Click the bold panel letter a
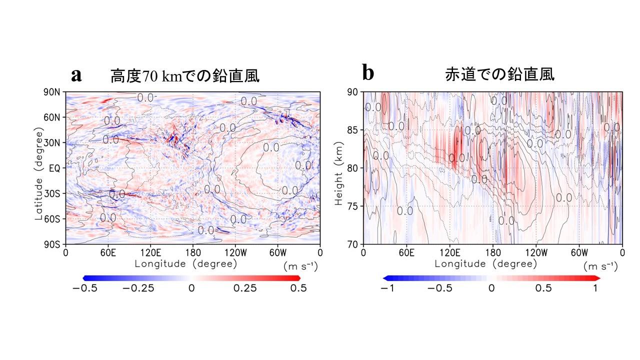76,75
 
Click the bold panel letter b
367,73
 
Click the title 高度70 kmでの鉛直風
185,76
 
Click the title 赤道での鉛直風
499,75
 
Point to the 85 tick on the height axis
353,130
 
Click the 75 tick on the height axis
353,206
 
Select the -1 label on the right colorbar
386,288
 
